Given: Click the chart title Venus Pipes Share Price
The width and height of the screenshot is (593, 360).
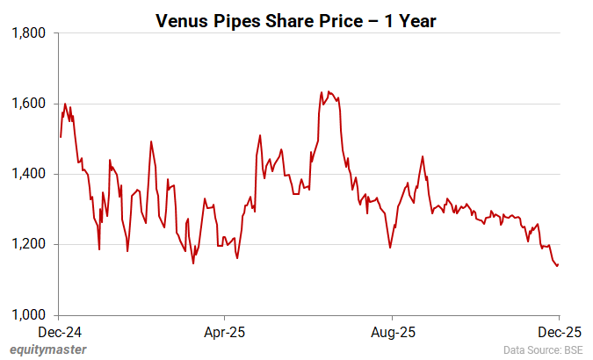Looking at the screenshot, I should pyautogui.click(x=295, y=19).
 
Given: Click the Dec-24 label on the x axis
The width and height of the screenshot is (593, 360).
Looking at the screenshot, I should pyautogui.click(x=59, y=333).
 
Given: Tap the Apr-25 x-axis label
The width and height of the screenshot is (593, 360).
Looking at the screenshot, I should pyautogui.click(x=225, y=333).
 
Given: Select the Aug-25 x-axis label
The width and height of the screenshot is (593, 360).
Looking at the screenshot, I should pyautogui.click(x=392, y=333).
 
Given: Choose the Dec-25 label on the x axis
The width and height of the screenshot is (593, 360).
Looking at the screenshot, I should pyautogui.click(x=558, y=333).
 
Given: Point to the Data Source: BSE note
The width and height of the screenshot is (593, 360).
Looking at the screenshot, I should pyautogui.click(x=542, y=350).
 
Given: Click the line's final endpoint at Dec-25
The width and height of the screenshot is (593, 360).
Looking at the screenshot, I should pyautogui.click(x=558, y=265).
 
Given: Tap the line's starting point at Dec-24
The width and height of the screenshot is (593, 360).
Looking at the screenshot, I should pyautogui.click(x=60, y=137).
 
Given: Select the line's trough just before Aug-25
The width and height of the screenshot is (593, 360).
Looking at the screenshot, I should pyautogui.click(x=390, y=248).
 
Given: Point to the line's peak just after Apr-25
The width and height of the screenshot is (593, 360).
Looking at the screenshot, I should pyautogui.click(x=260, y=135).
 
